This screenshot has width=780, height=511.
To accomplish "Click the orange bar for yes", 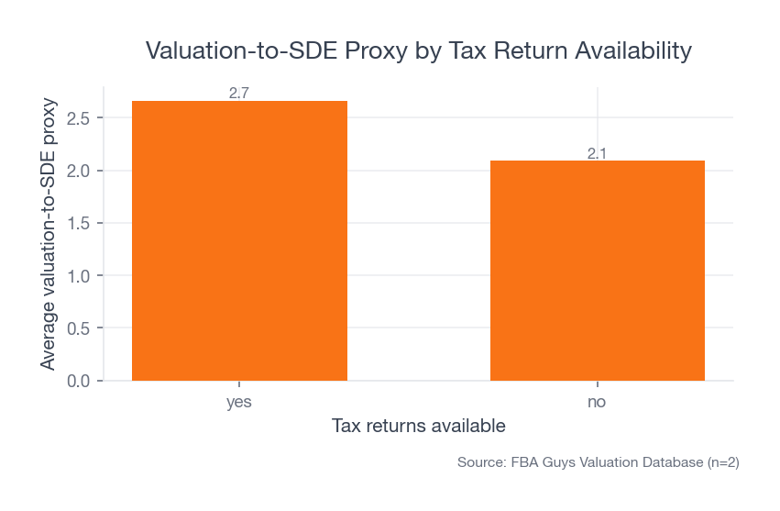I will click(x=239, y=240).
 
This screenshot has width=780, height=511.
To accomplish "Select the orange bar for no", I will click(x=598, y=270).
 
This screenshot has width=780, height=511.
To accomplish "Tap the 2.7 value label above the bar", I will click(x=239, y=93).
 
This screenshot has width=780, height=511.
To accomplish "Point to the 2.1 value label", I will click(x=598, y=153).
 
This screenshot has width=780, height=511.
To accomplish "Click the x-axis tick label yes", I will click(x=239, y=403).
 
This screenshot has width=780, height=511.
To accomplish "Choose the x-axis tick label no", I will click(x=598, y=403).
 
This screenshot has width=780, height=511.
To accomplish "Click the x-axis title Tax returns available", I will click(x=418, y=427).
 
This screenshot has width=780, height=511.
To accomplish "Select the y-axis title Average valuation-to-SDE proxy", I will click(x=48, y=234).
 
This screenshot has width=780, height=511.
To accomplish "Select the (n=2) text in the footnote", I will click(x=720, y=463).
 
